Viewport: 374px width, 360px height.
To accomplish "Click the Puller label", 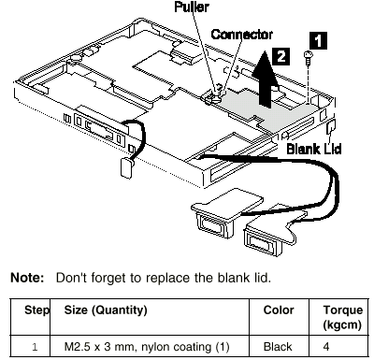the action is tap(192, 7).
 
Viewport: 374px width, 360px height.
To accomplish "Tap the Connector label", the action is tap(242, 35).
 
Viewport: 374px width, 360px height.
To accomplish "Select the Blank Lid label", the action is tap(314, 149).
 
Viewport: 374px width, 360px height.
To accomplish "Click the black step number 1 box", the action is tap(318, 40).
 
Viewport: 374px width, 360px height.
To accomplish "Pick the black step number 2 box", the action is tap(280, 56).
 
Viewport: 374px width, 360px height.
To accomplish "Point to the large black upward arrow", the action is tap(265, 79).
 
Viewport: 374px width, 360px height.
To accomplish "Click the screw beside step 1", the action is tap(308, 58).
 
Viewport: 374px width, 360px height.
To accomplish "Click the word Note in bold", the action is tap(27, 278).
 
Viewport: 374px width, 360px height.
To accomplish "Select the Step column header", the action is tap(36, 310).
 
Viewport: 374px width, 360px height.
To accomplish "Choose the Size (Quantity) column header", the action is tap(106, 310).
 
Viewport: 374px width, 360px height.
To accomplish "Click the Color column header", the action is tap(279, 310).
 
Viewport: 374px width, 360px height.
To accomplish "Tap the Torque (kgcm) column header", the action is tap(342, 317).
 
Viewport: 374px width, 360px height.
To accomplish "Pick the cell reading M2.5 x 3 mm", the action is tap(147, 347).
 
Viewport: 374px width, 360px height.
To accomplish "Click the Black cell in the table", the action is tap(278, 347).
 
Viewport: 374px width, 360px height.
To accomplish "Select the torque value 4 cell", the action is tap(326, 347).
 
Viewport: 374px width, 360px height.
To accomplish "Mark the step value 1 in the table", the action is tap(35, 347).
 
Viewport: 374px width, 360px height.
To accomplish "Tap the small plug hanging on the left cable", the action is tap(126, 167).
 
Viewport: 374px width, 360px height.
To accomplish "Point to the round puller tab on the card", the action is tap(213, 98).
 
